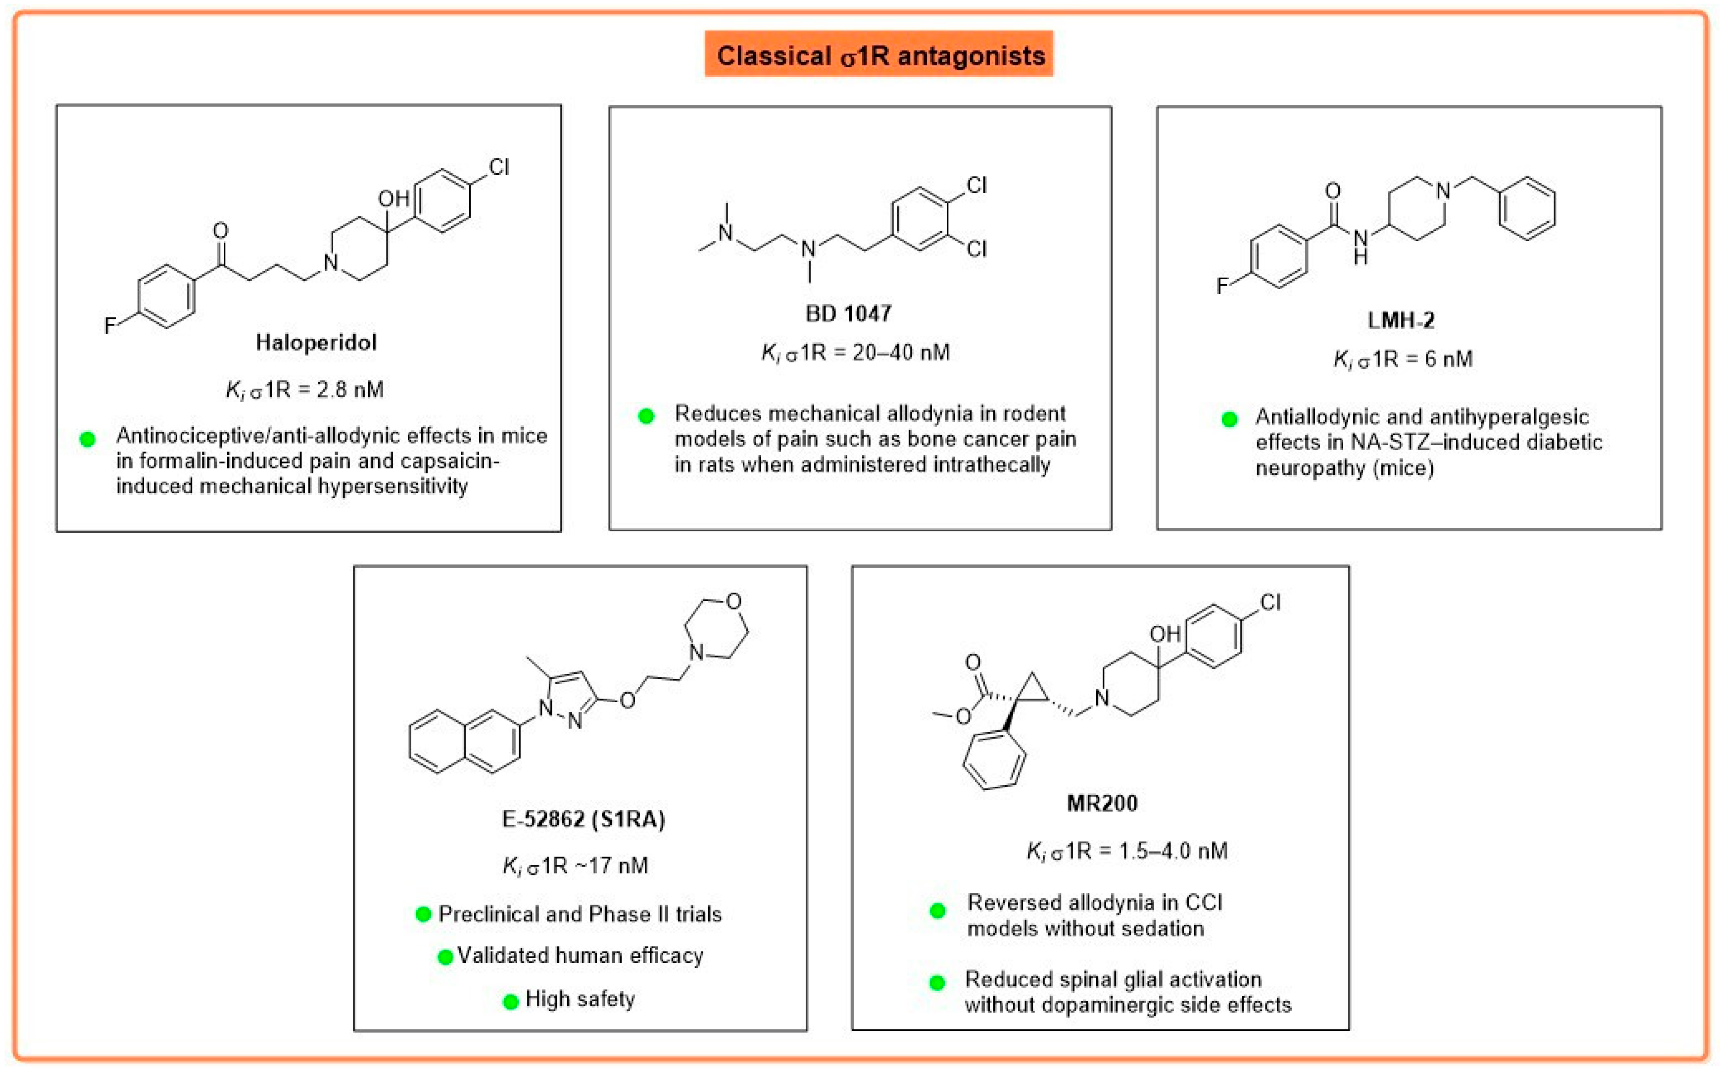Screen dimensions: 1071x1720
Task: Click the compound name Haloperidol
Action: point(316,343)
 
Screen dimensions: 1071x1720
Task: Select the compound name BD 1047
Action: point(848,313)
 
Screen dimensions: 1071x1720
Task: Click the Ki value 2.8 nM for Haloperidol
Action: point(304,390)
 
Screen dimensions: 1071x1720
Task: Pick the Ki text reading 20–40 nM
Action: point(855,352)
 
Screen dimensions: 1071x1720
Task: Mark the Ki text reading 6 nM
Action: point(1403,359)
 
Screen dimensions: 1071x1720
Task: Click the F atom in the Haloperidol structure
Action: point(110,326)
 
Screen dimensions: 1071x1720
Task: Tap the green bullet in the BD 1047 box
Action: point(646,416)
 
